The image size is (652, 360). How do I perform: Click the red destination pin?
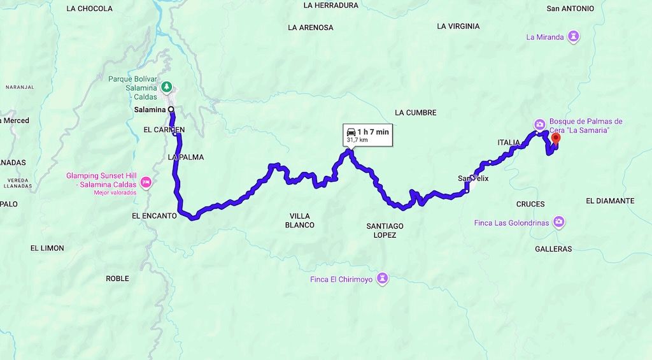click(555, 138)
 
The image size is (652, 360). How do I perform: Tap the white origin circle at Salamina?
click(171, 110)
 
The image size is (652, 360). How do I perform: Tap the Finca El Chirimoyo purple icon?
click(382, 278)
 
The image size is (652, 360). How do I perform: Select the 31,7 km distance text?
click(357, 139)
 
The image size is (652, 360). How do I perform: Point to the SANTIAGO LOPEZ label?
click(385, 231)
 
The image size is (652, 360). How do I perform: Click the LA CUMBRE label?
click(415, 113)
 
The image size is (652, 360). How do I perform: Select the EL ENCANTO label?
click(153, 216)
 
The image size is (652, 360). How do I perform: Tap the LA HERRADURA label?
click(331, 6)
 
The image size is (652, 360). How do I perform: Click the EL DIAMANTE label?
click(609, 201)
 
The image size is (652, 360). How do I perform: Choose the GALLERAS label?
click(553, 249)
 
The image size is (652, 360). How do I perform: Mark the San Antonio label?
click(570, 9)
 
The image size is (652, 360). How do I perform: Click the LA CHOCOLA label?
click(89, 9)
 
